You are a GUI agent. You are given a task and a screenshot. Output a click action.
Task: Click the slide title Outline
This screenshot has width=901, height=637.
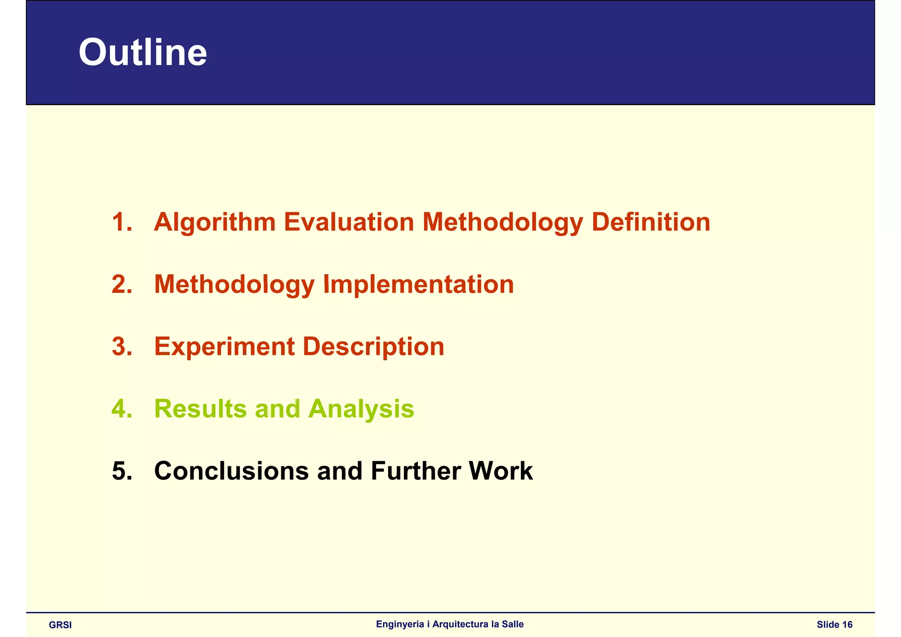tap(143, 52)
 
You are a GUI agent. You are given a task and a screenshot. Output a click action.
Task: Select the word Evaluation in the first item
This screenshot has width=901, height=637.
tap(349, 222)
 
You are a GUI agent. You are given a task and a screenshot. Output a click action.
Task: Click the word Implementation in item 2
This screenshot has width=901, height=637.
tap(418, 284)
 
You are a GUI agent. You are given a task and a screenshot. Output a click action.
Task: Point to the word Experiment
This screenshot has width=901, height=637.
tap(224, 347)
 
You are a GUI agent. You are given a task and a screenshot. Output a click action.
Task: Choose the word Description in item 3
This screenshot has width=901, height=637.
tap(374, 347)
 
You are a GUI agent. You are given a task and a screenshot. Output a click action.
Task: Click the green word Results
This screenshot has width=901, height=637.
tap(201, 409)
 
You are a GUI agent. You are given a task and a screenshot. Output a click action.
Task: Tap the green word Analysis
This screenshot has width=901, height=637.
tap(361, 409)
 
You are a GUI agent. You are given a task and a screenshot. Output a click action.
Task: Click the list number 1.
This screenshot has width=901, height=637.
tap(122, 222)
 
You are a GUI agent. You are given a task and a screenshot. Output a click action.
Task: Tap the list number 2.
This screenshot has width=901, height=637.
tap(122, 284)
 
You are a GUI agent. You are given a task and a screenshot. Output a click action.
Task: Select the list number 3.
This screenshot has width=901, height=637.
tap(122, 347)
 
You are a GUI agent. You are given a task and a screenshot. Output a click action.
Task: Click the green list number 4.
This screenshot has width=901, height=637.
tap(122, 409)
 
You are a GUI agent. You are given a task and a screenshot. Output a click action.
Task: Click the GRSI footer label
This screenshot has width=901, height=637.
tap(60, 625)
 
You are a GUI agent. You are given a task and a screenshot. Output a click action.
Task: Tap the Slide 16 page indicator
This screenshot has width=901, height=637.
tap(835, 625)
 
